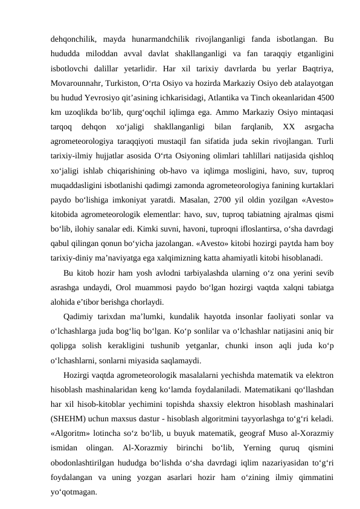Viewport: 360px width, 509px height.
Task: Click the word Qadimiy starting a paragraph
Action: [80, 319]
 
